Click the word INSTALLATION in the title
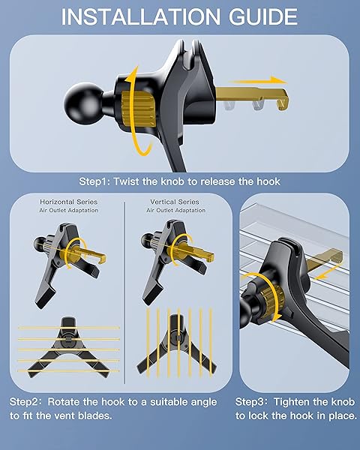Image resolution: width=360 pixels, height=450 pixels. pos(141,16)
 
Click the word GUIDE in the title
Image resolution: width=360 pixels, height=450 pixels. pos(263,16)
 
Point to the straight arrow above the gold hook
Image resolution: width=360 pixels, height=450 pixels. pos(259,80)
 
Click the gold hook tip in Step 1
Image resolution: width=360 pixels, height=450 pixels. pos(283,102)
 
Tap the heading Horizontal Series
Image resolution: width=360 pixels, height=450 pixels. pos(68,202)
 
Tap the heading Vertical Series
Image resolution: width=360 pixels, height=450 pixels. pos(175,202)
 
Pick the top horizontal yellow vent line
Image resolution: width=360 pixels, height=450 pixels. pos(68,328)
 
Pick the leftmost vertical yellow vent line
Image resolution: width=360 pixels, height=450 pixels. pos(148,343)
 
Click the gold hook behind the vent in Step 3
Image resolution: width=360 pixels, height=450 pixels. pos(325,259)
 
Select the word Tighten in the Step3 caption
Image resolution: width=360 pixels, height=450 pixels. pos(292,402)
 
